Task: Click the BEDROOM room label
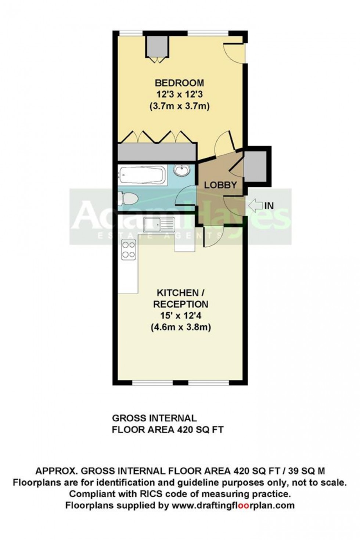point(179,83)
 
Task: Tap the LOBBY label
point(220,185)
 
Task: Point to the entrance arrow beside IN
point(255,206)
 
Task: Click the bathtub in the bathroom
point(141,175)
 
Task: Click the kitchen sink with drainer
point(159,224)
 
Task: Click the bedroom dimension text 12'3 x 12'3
point(179,94)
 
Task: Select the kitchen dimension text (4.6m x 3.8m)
point(181,327)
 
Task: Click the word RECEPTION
point(181,304)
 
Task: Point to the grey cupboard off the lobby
point(255,166)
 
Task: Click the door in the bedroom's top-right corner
point(234,52)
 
